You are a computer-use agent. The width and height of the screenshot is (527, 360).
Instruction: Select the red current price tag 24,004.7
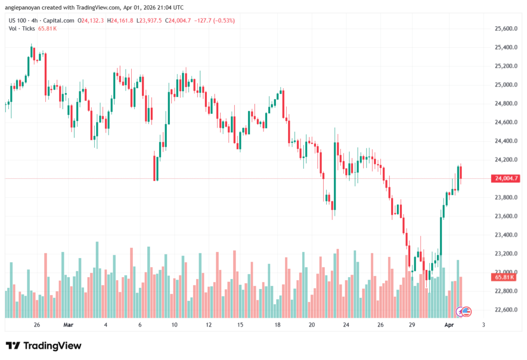pyautogui.click(x=506, y=179)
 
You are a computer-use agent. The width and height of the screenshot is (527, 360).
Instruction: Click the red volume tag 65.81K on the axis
pyautogui.click(x=505, y=277)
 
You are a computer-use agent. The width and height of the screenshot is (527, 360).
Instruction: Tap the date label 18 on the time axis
pyautogui.click(x=277, y=325)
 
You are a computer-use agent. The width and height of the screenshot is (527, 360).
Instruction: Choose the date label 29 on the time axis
pyautogui.click(x=412, y=325)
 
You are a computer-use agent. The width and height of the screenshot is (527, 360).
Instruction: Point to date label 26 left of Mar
pyautogui.click(x=37, y=325)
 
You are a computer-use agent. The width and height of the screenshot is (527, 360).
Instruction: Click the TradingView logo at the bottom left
pyautogui.click(x=43, y=346)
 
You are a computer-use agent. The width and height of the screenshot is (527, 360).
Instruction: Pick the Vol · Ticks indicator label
pyautogui.click(x=21, y=29)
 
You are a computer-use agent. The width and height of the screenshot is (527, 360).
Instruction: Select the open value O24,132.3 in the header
pyautogui.click(x=91, y=21)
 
